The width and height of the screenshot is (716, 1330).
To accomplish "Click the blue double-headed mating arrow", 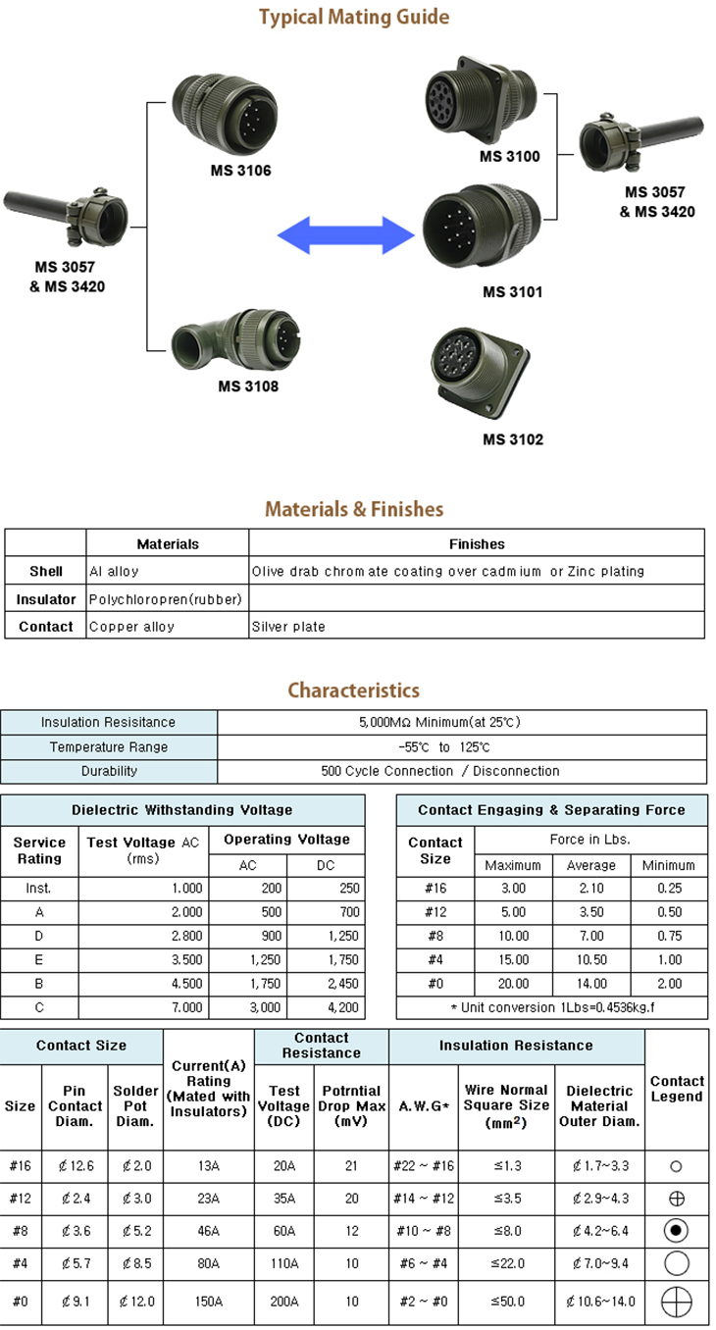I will pos(347,235).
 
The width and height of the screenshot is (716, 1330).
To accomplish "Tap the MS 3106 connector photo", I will pos(225,109).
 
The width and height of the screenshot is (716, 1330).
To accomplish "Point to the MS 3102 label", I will pos(512,439).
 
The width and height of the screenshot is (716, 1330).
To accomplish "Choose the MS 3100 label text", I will pos(509,156).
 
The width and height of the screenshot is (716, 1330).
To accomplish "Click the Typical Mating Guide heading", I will pos(354,17).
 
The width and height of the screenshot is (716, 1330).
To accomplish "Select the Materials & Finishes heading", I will pos(354,509).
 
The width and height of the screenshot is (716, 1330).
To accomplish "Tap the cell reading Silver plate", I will pos(288,627).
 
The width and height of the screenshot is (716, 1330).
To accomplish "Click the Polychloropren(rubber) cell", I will pos(166,599).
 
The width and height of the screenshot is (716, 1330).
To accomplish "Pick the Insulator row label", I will pos(46,599).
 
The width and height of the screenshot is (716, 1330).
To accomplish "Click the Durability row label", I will pos(109,771).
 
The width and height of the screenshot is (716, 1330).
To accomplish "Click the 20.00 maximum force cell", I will pos(513,984).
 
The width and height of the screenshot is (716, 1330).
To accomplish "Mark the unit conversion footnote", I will pos(551,1007).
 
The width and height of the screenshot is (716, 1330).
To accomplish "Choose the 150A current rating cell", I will pos(208,1302).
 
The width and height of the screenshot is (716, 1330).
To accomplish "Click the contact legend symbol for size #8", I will pos(677,1230).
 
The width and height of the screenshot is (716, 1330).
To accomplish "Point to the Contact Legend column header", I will pos(677,1089).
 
